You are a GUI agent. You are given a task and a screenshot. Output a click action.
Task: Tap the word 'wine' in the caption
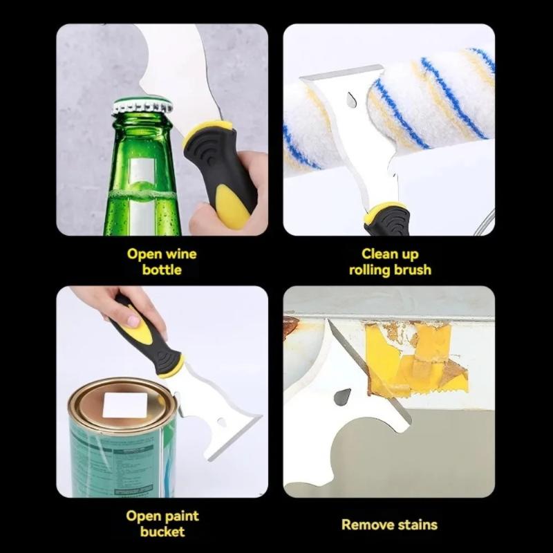coord(181,254)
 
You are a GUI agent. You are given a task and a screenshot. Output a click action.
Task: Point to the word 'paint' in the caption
coord(182,516)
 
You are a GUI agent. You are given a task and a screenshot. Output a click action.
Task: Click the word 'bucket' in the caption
coord(162,532)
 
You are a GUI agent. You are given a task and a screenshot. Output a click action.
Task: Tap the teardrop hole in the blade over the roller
coord(351,100)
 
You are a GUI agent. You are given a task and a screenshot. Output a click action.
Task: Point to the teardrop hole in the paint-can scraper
coord(222,422)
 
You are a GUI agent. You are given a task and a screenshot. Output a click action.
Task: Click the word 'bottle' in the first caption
coord(162,270)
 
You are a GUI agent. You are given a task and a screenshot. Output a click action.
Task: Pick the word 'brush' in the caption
coord(412,270)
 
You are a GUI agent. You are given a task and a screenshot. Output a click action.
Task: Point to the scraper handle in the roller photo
coord(388,218)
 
